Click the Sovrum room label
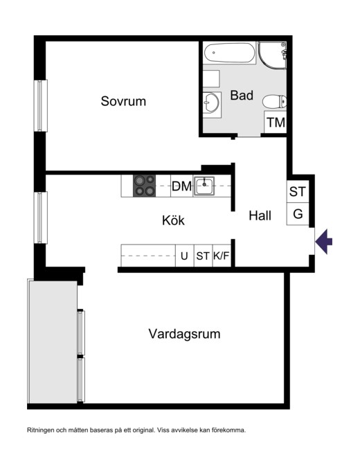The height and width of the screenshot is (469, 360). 123,101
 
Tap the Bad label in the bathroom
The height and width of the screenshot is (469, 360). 242,96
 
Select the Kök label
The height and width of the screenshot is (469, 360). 173,220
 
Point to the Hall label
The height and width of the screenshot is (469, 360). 260,215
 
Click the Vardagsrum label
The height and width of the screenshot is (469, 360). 184,334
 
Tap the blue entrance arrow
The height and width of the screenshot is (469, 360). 324,241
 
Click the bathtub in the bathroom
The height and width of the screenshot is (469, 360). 229,53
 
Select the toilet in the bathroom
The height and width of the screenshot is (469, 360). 274,101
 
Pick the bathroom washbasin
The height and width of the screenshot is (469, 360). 211,103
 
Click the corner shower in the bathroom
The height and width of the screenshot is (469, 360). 272,55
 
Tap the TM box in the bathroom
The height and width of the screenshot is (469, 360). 276,123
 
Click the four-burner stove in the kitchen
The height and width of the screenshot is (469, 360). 145,186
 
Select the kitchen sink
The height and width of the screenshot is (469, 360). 204,186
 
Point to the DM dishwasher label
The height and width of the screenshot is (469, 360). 182,186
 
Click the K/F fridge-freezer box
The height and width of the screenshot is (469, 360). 222,256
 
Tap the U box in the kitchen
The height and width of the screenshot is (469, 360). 184,256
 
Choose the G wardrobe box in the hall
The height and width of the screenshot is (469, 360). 298,214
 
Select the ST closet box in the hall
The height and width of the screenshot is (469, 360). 298,192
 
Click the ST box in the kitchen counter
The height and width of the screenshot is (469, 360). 203,256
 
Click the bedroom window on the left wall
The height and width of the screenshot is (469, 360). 41,105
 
